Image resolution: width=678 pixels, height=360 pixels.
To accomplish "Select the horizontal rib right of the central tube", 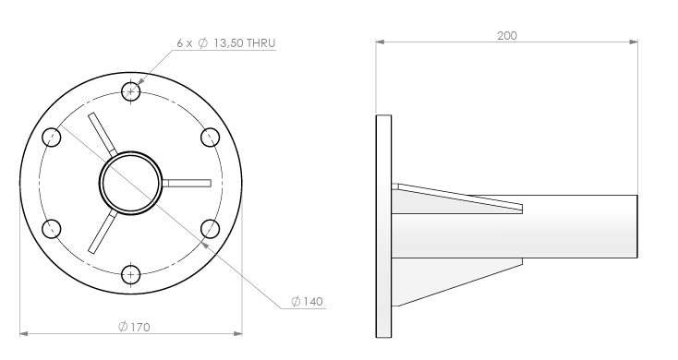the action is (x=187, y=184).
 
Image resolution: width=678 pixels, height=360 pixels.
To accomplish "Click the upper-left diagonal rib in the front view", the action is (x=103, y=134).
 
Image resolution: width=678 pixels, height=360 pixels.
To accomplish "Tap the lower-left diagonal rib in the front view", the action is (x=103, y=232).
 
